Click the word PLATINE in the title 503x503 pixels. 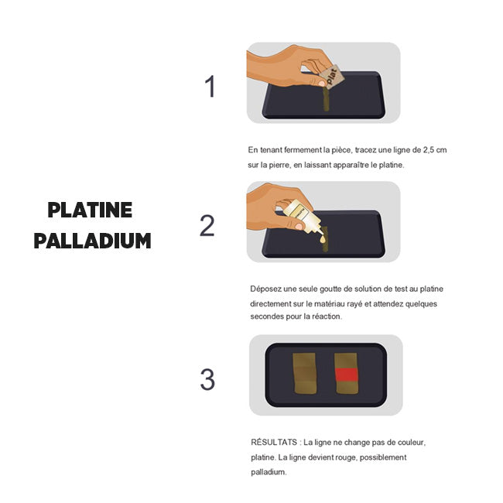point(90,210)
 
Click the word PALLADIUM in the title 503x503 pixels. point(92,241)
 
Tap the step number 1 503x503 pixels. point(210,86)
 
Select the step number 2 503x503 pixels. point(207,225)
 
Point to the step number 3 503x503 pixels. point(207,379)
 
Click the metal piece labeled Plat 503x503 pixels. point(332,77)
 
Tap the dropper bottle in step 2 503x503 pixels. point(303,217)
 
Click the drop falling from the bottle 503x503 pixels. point(323,239)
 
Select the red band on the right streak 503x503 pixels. point(347,375)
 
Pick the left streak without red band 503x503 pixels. point(305,374)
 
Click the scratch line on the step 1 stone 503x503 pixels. point(326,100)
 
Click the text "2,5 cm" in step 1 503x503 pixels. point(435,150)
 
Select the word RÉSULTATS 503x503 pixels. point(274,442)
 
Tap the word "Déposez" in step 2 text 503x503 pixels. point(264,289)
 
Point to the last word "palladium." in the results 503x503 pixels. point(269,472)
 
